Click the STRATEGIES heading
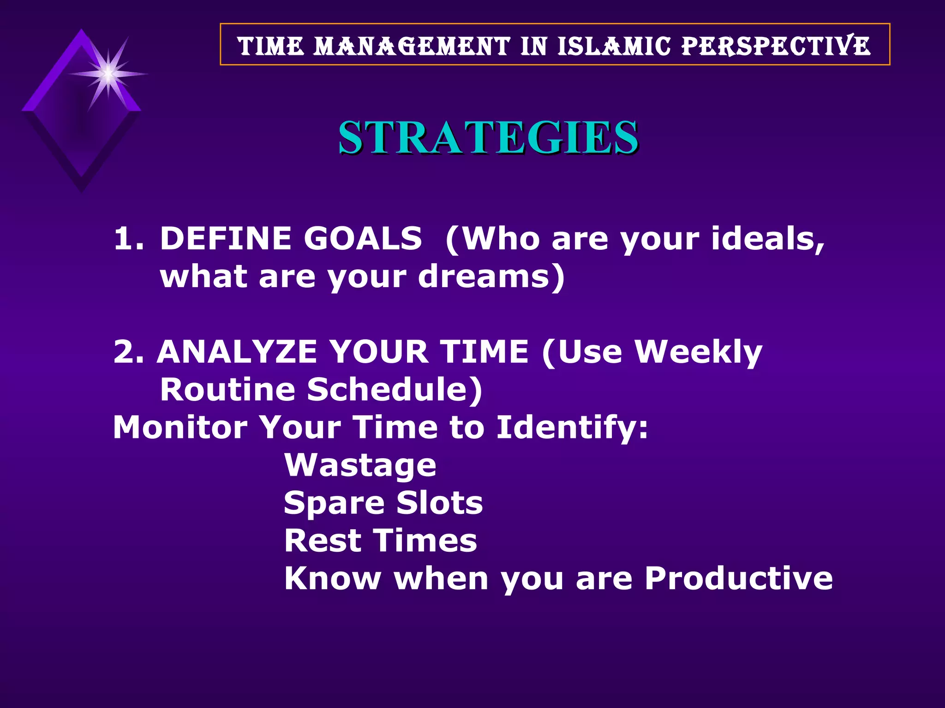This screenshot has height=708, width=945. (x=488, y=137)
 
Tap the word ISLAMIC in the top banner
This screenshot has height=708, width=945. (x=614, y=47)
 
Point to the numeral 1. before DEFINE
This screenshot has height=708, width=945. (x=128, y=239)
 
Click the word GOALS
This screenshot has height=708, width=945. (x=362, y=239)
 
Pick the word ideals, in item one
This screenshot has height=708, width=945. (x=767, y=239)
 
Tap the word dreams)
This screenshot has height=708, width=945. (x=491, y=277)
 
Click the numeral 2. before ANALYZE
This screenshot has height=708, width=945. (x=128, y=352)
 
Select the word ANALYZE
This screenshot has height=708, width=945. (x=237, y=352)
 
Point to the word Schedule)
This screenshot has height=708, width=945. (x=395, y=390)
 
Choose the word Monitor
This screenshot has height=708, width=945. (x=180, y=427)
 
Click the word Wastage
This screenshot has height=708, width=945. (x=360, y=466)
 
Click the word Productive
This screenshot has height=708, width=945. (x=738, y=578)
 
